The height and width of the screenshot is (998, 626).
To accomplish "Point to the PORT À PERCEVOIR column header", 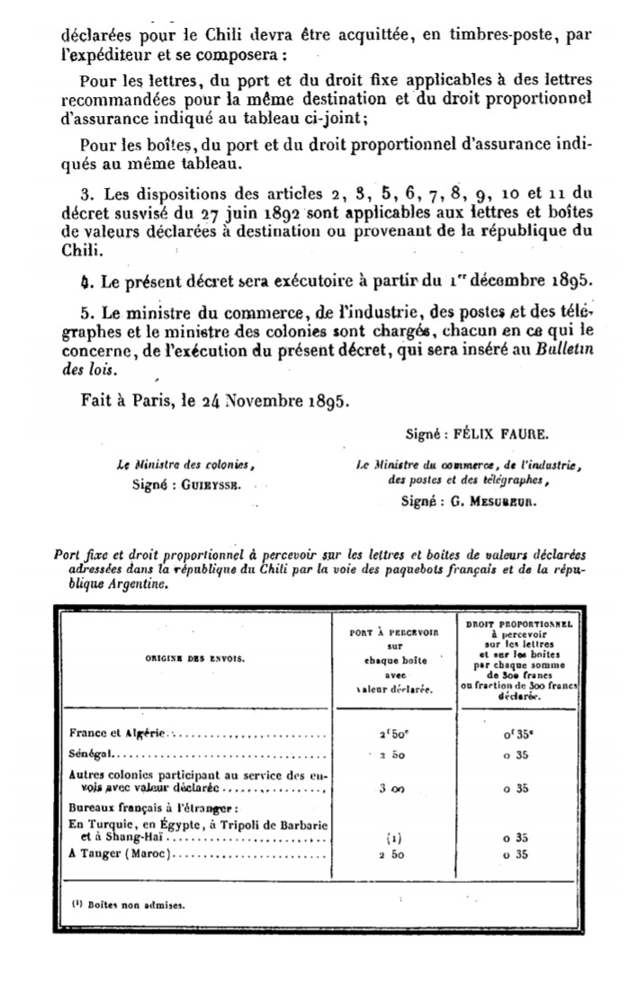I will [392, 661].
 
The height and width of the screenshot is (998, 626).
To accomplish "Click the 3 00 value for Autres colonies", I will [392, 789].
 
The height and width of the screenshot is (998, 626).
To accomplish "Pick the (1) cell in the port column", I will [392, 837].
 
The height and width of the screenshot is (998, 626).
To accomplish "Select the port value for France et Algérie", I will [392, 732].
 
